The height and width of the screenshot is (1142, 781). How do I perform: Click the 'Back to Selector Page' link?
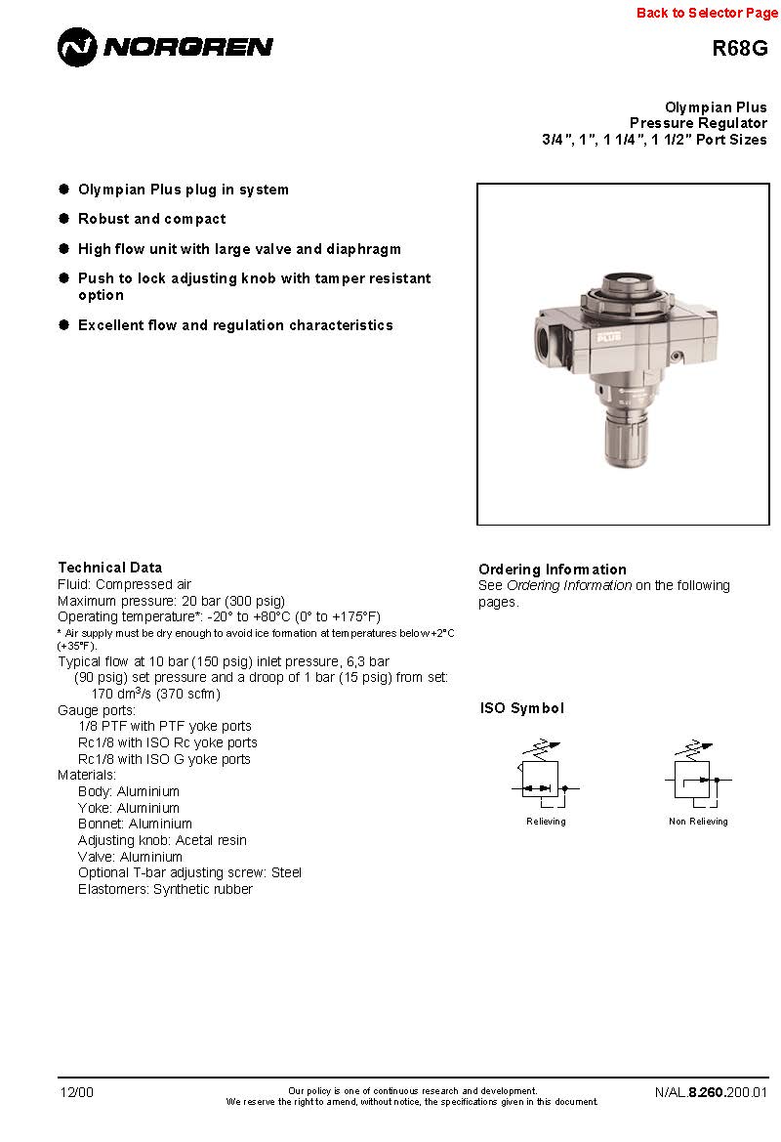707,13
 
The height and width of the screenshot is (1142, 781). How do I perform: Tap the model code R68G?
739,49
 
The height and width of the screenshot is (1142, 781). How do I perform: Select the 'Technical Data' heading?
109,568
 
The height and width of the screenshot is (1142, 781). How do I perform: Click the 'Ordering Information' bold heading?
552,570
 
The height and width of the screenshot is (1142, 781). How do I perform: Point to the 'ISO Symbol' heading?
521,708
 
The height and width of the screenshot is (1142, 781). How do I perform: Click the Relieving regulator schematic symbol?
543,779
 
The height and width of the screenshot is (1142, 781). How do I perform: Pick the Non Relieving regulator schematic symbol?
697,779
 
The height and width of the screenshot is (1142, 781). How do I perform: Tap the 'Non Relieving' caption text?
697,822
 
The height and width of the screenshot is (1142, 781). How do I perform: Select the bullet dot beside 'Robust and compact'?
64,219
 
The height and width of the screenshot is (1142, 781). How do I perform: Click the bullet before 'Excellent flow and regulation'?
64,324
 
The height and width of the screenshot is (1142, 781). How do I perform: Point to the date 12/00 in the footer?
77,1092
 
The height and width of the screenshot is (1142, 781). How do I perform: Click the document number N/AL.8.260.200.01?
711,1092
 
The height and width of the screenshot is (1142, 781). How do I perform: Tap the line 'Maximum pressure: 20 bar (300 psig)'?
171,601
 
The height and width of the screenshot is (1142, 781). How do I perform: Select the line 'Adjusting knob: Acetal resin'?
162,840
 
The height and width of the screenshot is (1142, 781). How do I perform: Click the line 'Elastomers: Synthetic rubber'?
165,889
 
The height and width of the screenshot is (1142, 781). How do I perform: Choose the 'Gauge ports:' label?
97,710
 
